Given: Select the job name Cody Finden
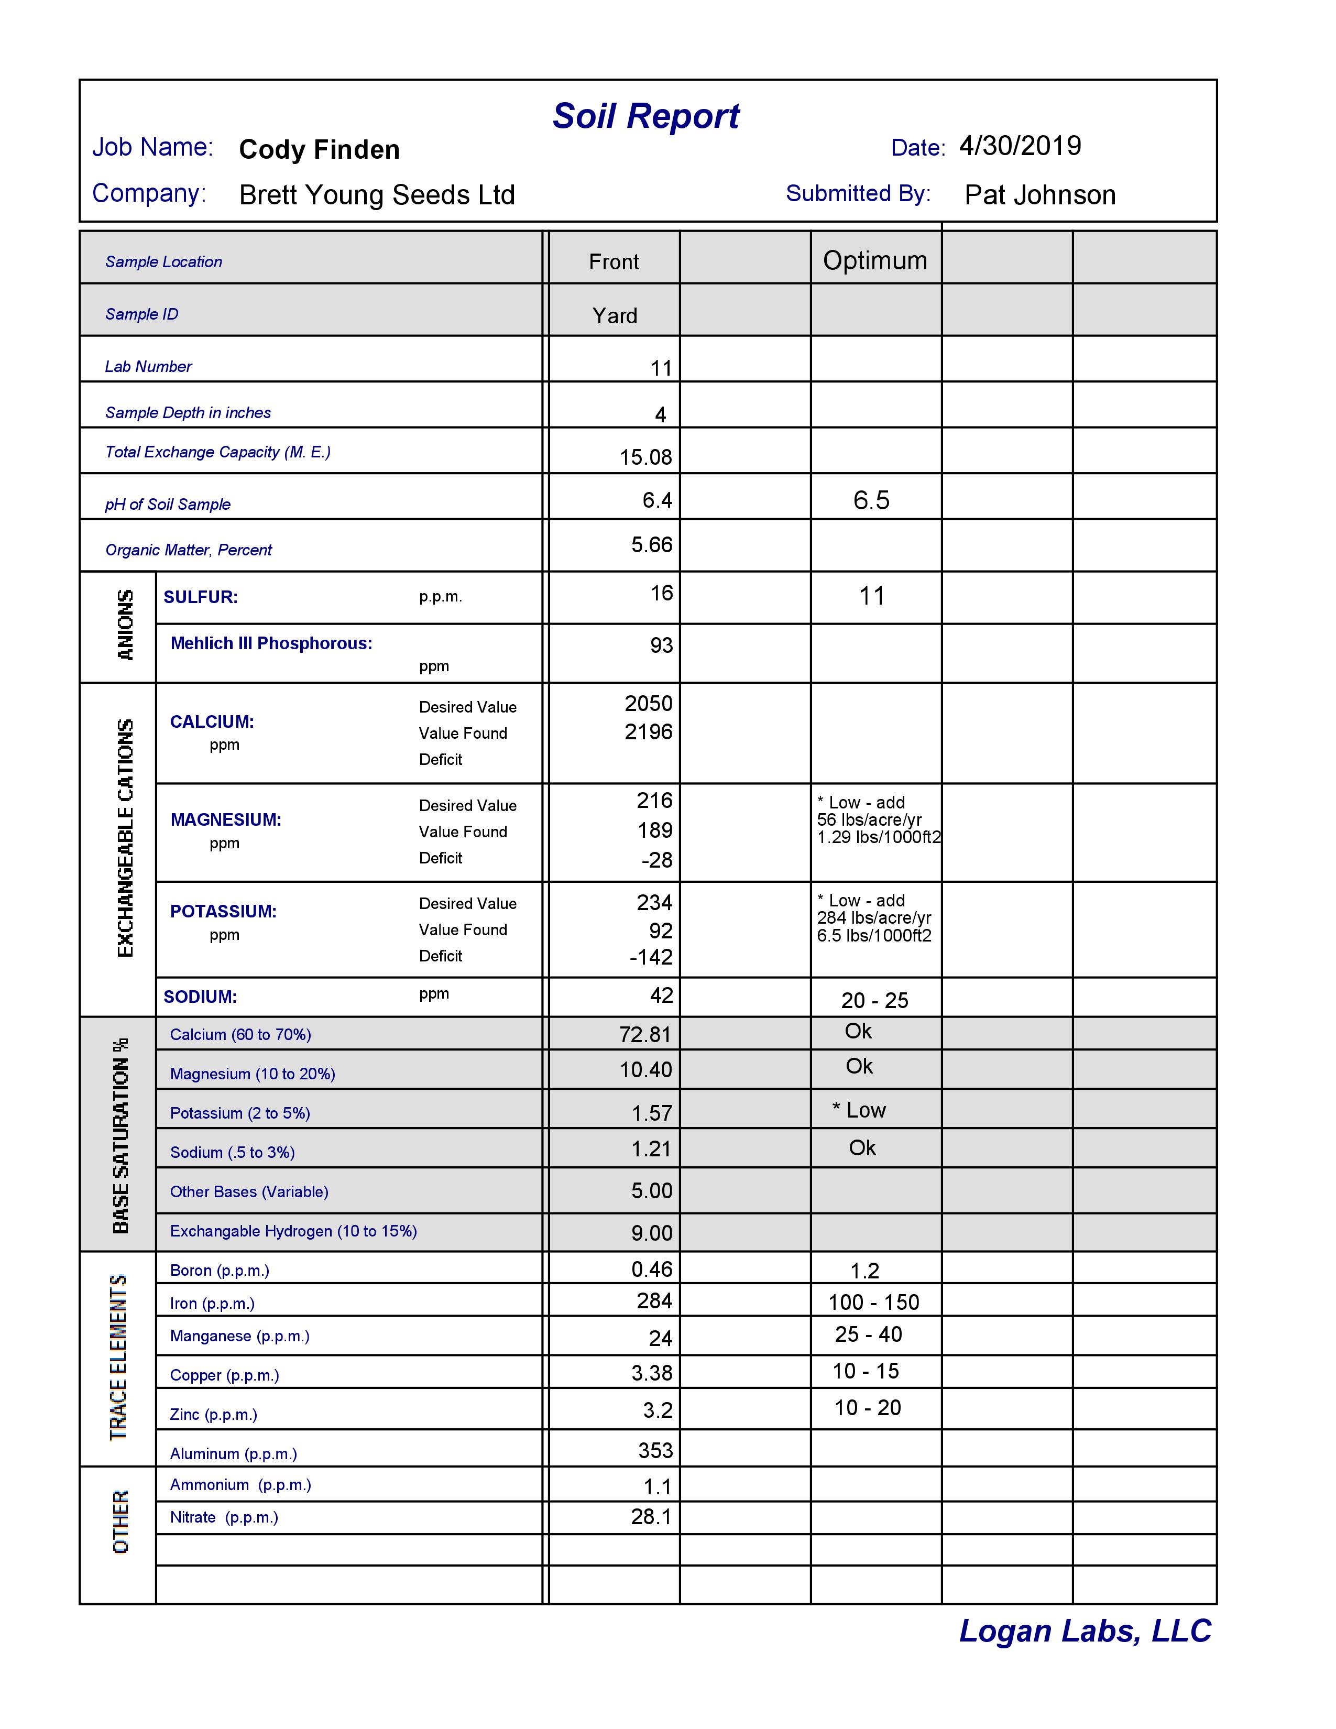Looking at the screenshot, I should [319, 150].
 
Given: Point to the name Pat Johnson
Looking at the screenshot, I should [1039, 195].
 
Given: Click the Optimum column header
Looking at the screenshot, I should [874, 260].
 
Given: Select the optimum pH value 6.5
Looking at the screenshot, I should [871, 500].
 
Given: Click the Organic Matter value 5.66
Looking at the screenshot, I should [651, 545].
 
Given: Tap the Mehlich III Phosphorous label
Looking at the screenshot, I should [271, 643].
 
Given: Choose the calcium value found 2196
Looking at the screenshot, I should [648, 731].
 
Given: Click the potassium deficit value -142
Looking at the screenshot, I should [651, 957].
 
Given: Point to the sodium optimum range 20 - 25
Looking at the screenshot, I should [874, 1001].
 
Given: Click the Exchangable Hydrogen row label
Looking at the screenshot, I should [293, 1231].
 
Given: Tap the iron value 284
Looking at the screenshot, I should [654, 1301].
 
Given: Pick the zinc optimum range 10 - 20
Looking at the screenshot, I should [868, 1408].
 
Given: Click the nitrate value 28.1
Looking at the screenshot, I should [651, 1517].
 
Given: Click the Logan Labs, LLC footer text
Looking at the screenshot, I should [1085, 1632].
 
